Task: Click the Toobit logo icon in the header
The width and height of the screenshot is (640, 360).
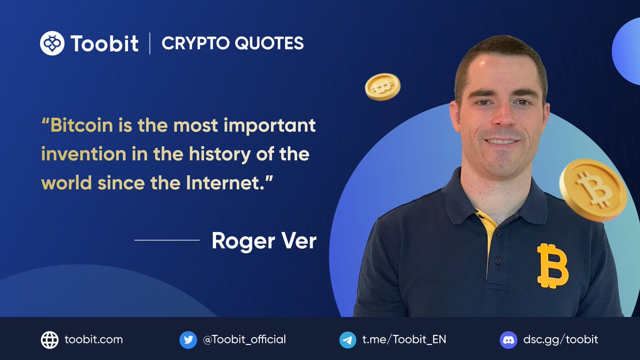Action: tap(52, 43)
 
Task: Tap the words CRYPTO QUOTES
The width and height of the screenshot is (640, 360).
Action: tap(233, 43)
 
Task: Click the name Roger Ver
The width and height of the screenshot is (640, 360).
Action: tap(264, 241)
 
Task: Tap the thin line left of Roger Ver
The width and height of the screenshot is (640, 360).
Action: tap(167, 240)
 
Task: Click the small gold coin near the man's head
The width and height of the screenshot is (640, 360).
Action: tap(382, 86)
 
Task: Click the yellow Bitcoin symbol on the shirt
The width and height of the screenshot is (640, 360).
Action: tap(552, 266)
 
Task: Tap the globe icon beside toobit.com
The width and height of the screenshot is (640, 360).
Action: tap(50, 340)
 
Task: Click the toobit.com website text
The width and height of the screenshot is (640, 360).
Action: tap(93, 339)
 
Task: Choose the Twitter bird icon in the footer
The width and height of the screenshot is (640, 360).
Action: tap(188, 340)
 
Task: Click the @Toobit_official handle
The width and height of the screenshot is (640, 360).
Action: tap(244, 339)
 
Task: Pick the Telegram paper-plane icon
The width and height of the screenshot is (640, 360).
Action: tap(348, 340)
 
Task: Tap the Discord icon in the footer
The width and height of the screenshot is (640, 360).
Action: tap(508, 340)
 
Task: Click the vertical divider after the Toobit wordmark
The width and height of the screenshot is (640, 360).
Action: tap(150, 43)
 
